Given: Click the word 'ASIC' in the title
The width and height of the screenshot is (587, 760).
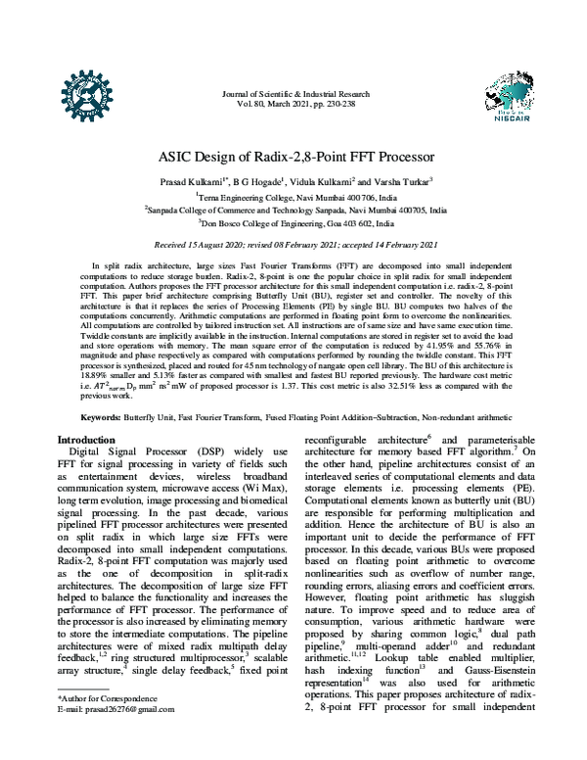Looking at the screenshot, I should (178, 155).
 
